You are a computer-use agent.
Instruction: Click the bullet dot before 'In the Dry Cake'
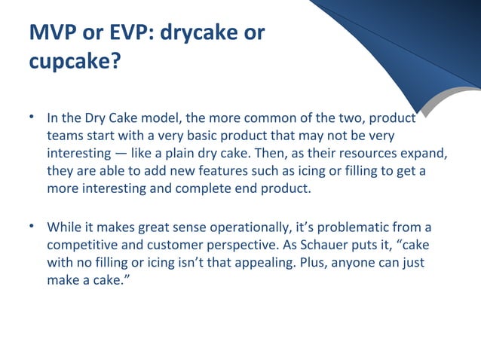click(33, 118)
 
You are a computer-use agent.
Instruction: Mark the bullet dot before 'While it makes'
click(33, 225)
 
